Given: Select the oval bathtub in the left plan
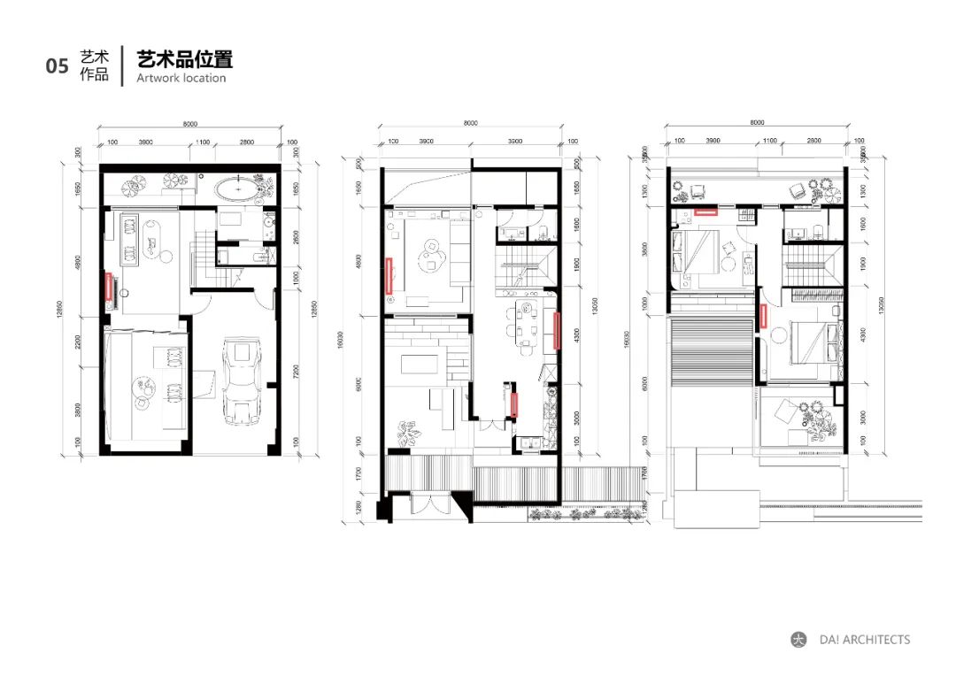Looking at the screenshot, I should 235,188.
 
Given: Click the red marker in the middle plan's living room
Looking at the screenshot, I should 389,273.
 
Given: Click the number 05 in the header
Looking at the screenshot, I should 57,66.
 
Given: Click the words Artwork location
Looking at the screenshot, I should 181,78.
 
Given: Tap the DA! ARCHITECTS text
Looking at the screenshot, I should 864,640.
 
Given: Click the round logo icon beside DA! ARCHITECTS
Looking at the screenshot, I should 798,640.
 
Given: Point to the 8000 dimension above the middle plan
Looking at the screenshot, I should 470,124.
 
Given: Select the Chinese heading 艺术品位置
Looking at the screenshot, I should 184,60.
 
